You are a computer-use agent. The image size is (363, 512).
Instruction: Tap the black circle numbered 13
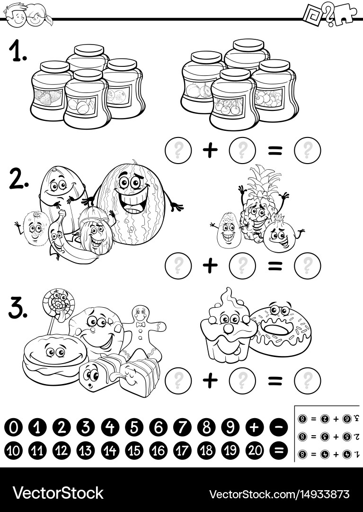click(x=86, y=449)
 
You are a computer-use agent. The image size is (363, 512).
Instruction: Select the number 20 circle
click(x=255, y=449)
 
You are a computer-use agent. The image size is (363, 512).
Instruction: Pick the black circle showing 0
click(x=13, y=428)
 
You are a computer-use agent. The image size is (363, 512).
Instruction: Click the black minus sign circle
click(x=279, y=428)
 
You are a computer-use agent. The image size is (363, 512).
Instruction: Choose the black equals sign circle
click(x=279, y=449)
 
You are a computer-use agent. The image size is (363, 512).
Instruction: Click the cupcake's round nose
click(x=228, y=327)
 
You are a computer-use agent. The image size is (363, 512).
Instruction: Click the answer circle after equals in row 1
click(x=307, y=151)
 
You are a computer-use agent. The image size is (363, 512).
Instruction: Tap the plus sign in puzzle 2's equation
click(x=210, y=265)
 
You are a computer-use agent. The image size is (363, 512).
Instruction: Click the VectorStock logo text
click(x=58, y=493)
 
